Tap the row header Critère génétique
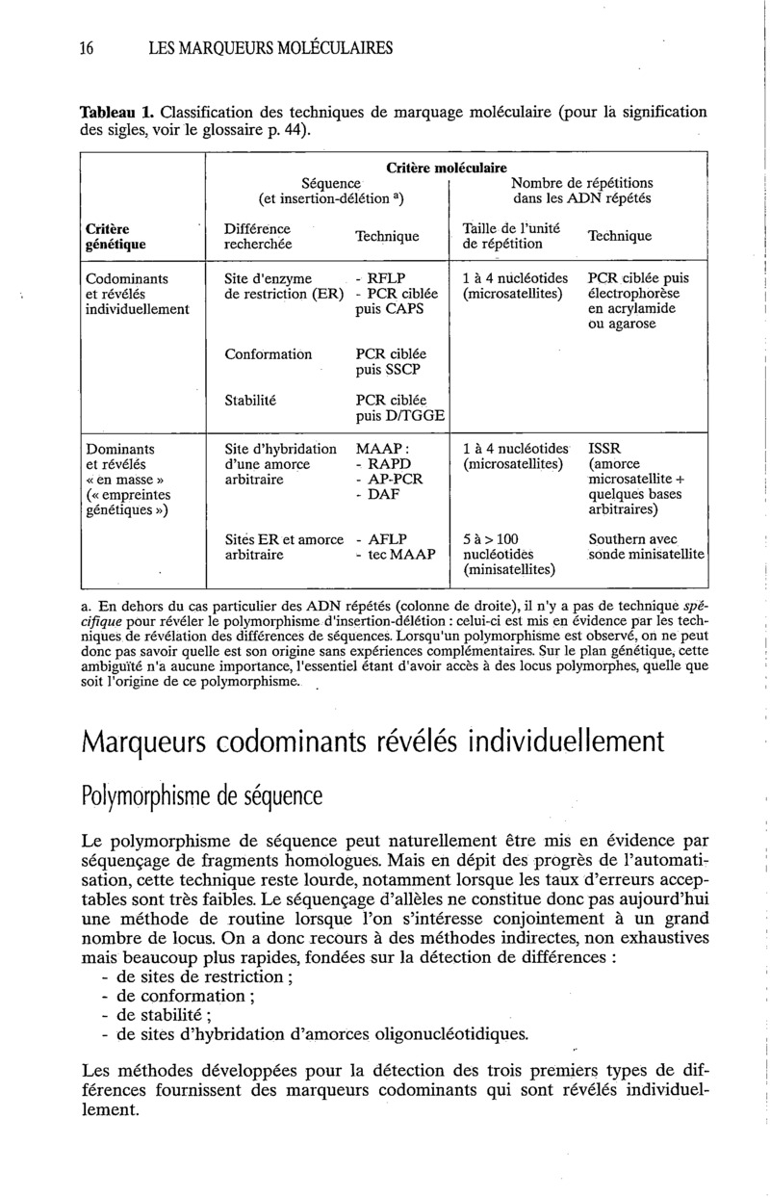[x=114, y=238]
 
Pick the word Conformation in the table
[x=269, y=354]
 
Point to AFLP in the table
[x=388, y=540]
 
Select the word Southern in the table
[x=618, y=540]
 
